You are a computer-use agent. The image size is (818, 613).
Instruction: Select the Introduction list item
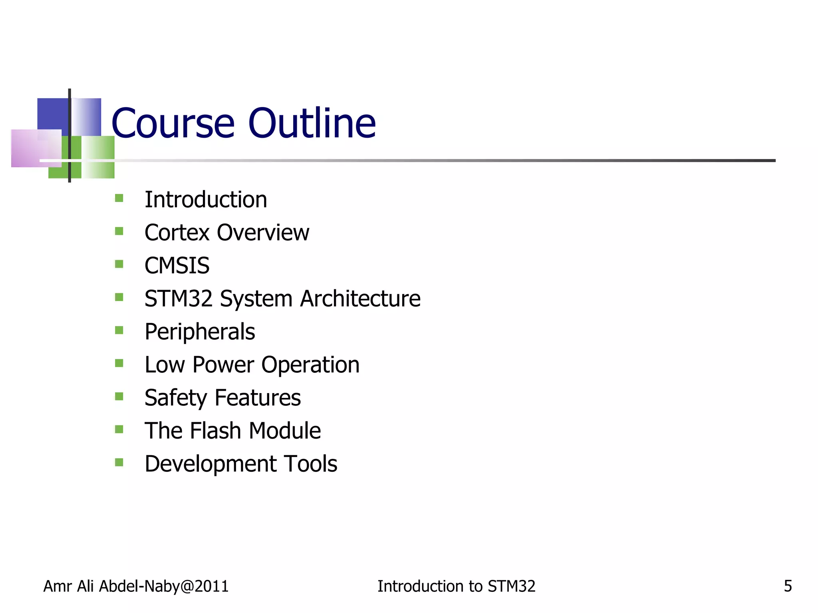click(206, 200)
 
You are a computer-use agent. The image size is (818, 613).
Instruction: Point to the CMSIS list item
click(177, 266)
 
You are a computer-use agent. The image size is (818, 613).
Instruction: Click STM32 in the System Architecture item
click(178, 299)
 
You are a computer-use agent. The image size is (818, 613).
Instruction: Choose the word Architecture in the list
click(360, 299)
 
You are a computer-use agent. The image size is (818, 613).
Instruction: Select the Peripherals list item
click(200, 332)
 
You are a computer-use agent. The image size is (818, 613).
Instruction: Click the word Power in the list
click(223, 365)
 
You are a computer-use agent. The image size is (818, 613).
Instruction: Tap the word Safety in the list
click(176, 398)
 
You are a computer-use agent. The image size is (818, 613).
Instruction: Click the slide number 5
click(788, 586)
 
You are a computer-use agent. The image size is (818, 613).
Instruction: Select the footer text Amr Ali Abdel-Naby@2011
click(136, 586)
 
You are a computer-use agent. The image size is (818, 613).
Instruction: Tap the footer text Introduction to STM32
click(456, 586)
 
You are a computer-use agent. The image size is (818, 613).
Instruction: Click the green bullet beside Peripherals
click(119, 330)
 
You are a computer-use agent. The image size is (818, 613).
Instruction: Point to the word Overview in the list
click(263, 233)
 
